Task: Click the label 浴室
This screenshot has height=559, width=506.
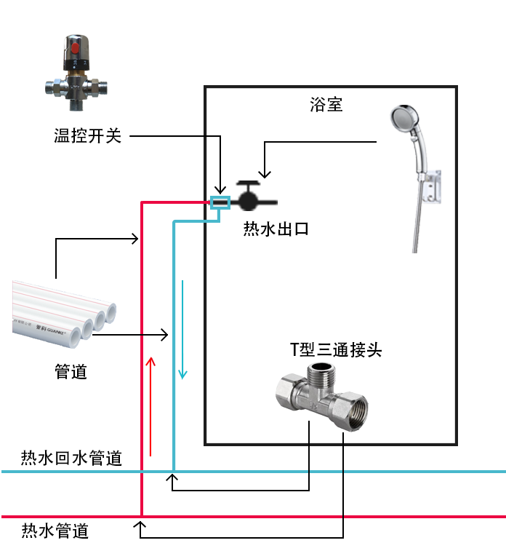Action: click(x=326, y=105)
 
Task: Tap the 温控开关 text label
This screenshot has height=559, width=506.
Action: click(x=87, y=135)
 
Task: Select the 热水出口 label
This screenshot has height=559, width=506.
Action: click(x=276, y=230)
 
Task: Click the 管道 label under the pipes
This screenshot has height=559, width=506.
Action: click(x=71, y=372)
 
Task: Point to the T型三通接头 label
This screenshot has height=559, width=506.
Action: click(x=336, y=350)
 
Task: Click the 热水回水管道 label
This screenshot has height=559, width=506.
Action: click(x=71, y=459)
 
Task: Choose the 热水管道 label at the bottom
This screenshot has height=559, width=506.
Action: click(x=55, y=531)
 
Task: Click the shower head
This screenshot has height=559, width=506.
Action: click(x=404, y=123)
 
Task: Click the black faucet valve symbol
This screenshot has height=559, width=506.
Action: click(x=249, y=198)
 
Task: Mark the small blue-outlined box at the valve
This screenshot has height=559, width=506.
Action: click(x=220, y=202)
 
